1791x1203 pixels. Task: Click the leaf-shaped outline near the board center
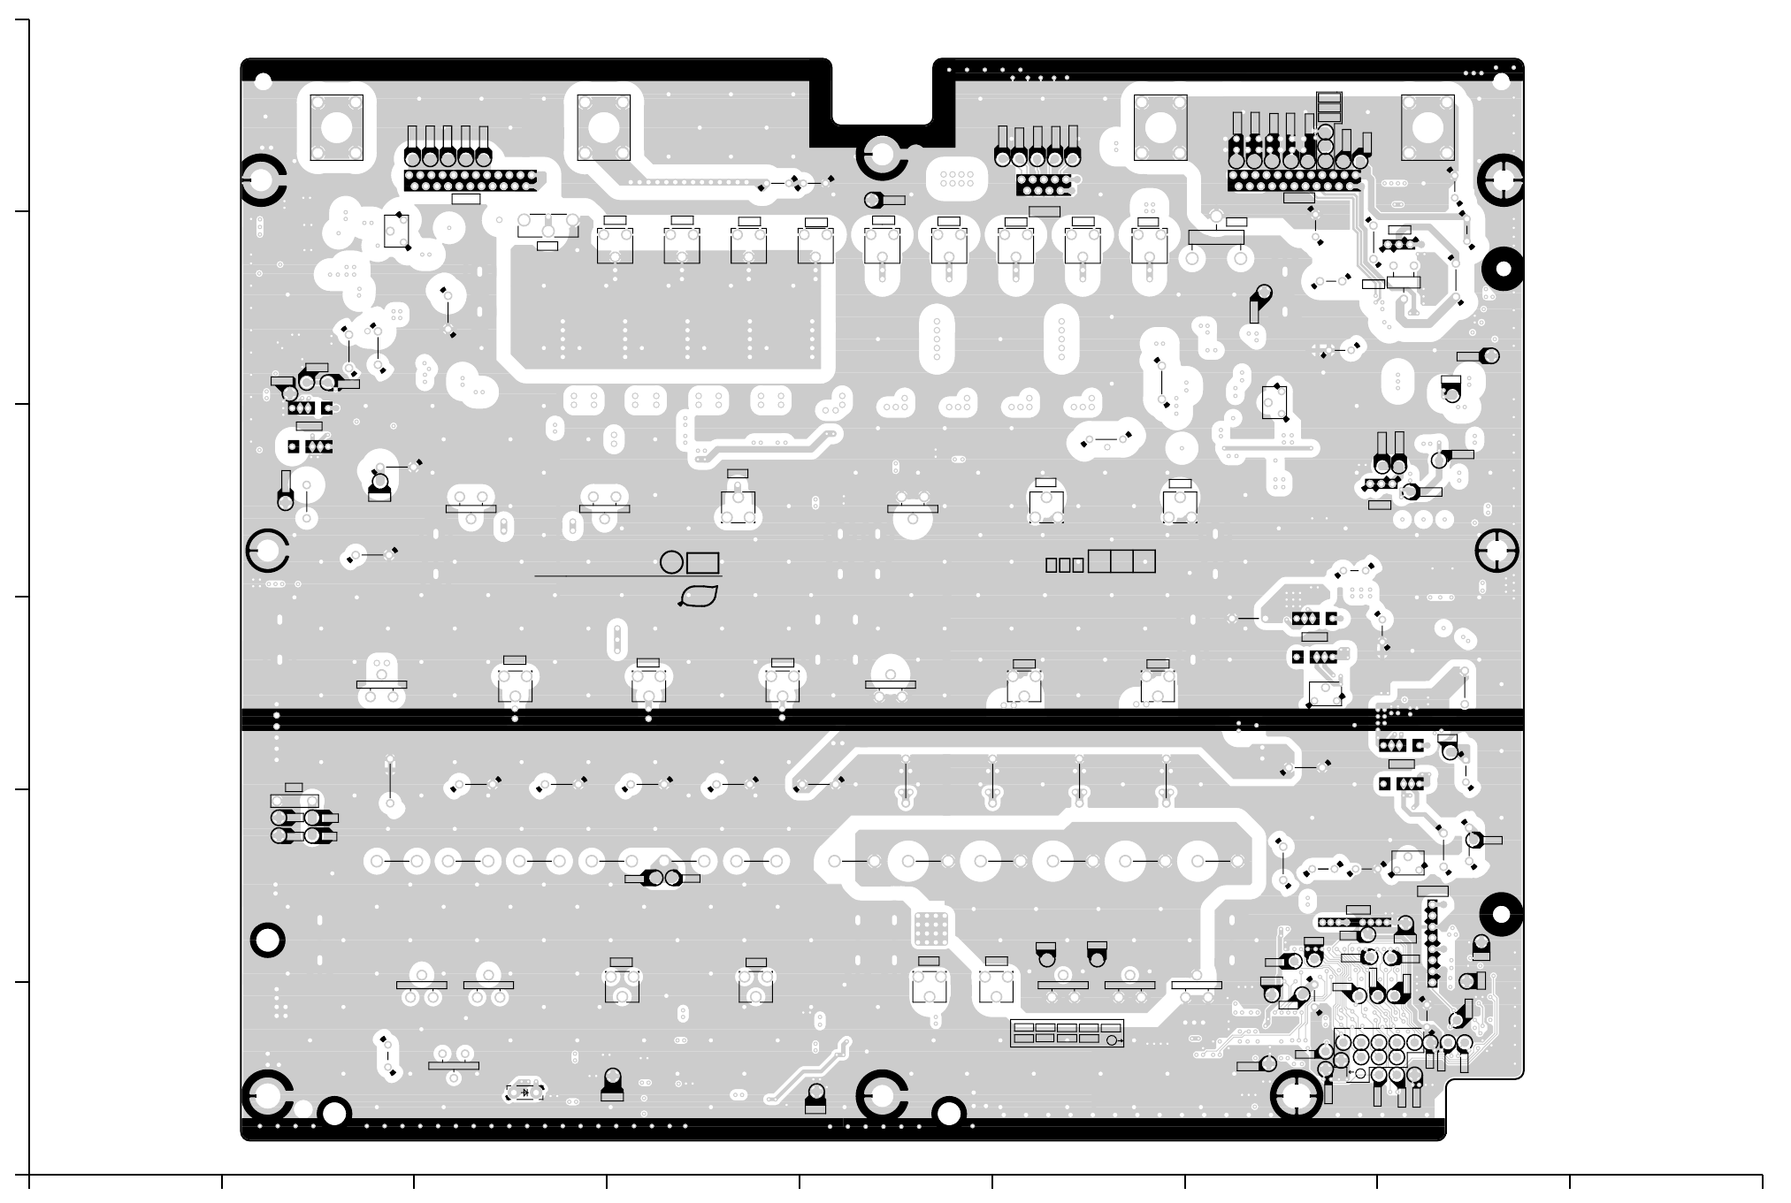(x=699, y=597)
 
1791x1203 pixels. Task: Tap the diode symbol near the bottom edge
(x=525, y=1093)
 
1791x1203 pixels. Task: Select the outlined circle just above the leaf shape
(x=671, y=562)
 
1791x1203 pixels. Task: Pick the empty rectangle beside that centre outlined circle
(x=702, y=563)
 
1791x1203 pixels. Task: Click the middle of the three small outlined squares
(x=1064, y=565)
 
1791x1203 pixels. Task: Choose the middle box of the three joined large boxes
(x=1121, y=561)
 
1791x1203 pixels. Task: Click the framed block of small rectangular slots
(x=1067, y=1033)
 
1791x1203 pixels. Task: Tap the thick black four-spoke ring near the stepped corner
(x=1296, y=1096)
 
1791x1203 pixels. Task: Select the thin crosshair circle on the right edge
(x=1496, y=551)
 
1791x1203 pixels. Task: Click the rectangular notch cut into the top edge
(x=882, y=97)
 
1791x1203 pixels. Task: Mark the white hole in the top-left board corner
(x=263, y=82)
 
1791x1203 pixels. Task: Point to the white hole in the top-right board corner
(x=1501, y=82)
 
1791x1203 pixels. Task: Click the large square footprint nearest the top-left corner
(x=337, y=127)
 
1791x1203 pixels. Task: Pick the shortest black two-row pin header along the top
(x=1044, y=185)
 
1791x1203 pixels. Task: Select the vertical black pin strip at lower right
(x=1432, y=943)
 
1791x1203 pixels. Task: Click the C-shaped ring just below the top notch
(x=882, y=157)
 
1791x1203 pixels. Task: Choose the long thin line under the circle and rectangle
(x=628, y=576)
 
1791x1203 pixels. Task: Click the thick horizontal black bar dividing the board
(x=882, y=720)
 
